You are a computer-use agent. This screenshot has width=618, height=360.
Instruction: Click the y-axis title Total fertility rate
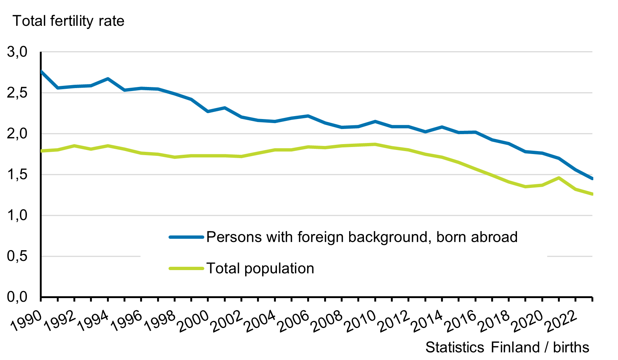(69, 21)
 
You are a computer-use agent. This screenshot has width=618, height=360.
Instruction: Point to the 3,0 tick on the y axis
(17, 52)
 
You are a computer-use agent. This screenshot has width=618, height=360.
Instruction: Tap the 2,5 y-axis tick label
(17, 93)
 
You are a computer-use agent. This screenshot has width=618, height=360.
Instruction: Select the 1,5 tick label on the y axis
(17, 174)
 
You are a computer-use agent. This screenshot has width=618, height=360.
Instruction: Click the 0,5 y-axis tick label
(17, 256)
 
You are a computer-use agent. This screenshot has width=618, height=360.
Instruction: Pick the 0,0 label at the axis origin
(17, 297)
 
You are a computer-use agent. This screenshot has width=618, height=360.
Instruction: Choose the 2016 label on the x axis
(461, 322)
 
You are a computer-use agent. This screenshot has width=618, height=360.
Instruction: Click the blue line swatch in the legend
(186, 237)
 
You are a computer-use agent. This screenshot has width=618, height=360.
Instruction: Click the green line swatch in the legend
(186, 268)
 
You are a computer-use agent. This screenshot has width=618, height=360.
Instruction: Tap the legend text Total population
(260, 268)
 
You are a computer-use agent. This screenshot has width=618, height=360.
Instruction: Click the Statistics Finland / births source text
(507, 347)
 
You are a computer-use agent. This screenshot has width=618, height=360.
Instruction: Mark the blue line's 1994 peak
(108, 78)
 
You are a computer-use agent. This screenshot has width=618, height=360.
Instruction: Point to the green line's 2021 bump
(559, 178)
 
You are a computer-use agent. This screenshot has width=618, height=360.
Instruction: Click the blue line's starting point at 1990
(41, 71)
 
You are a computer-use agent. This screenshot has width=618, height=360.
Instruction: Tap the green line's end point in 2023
(592, 194)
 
